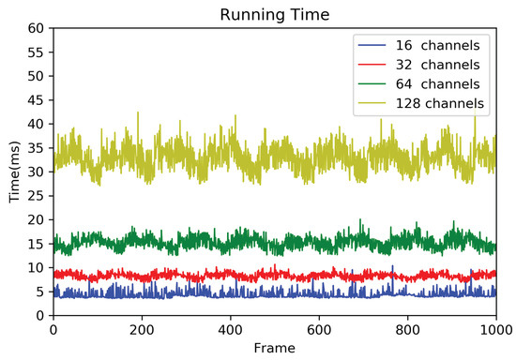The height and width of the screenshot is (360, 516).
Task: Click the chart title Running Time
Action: (x=274, y=14)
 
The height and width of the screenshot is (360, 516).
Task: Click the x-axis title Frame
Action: (x=274, y=349)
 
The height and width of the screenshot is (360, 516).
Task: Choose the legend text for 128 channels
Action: (x=440, y=103)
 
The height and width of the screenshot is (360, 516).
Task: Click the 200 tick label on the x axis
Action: (x=142, y=330)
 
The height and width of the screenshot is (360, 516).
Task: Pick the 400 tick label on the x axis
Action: (x=230, y=330)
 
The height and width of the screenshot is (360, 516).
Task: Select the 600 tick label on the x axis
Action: (x=319, y=330)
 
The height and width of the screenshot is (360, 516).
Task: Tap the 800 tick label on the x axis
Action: (x=407, y=330)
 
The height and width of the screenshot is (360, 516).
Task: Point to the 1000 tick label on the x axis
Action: (x=494, y=330)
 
